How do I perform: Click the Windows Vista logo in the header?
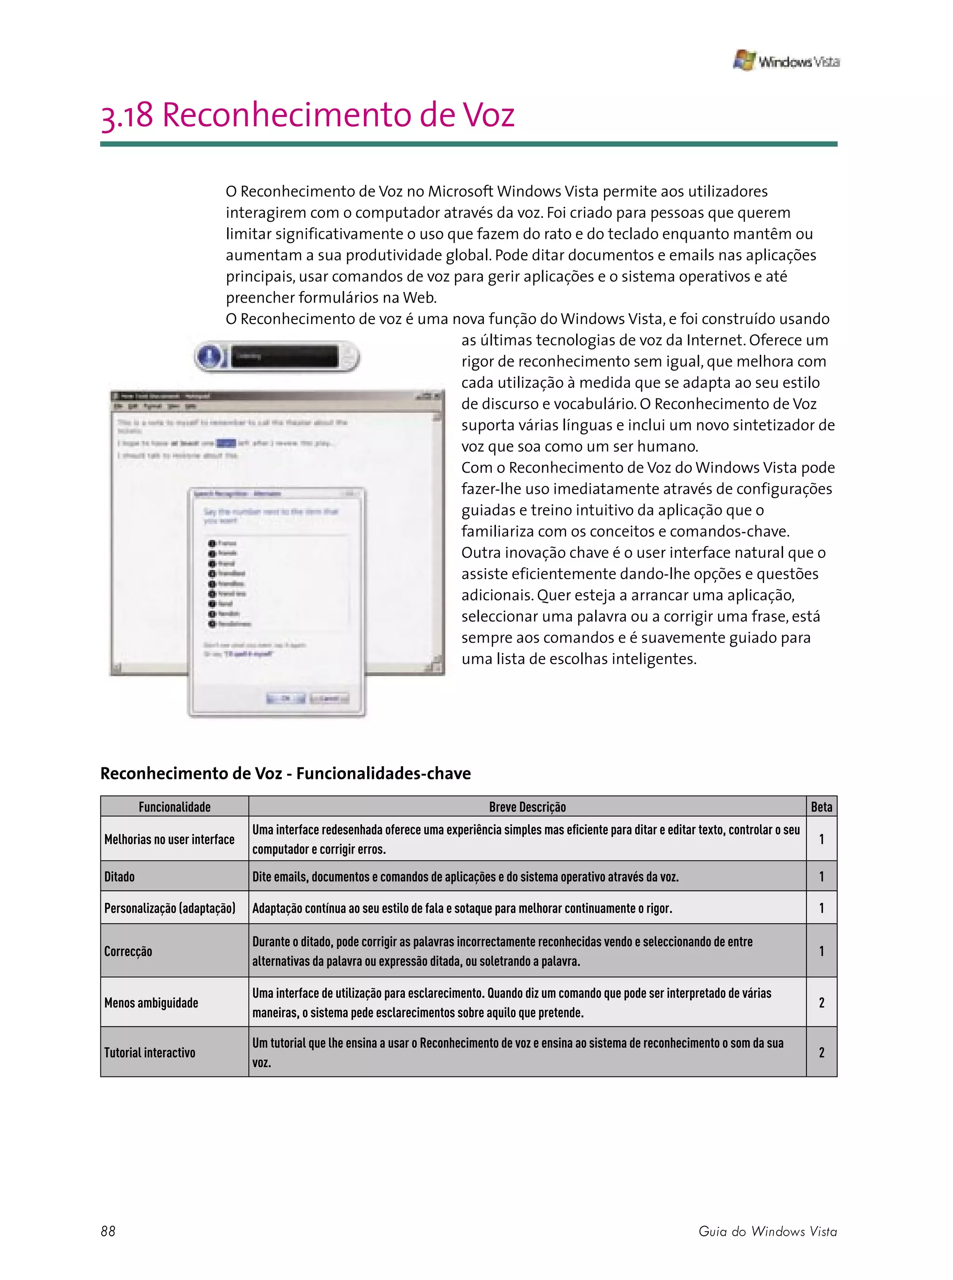(x=785, y=61)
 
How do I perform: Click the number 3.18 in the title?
(x=127, y=115)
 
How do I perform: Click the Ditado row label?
(x=120, y=877)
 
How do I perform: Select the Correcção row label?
(x=128, y=951)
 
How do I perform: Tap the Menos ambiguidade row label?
(x=151, y=1002)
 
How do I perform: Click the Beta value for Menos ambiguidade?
(x=821, y=1002)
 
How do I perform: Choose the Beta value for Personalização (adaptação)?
(x=821, y=908)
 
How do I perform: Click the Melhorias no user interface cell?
(x=169, y=839)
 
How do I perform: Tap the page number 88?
(x=108, y=1231)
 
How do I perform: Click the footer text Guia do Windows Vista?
(x=767, y=1231)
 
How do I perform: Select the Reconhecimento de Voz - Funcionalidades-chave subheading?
(x=286, y=773)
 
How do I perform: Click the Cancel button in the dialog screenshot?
(x=329, y=698)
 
